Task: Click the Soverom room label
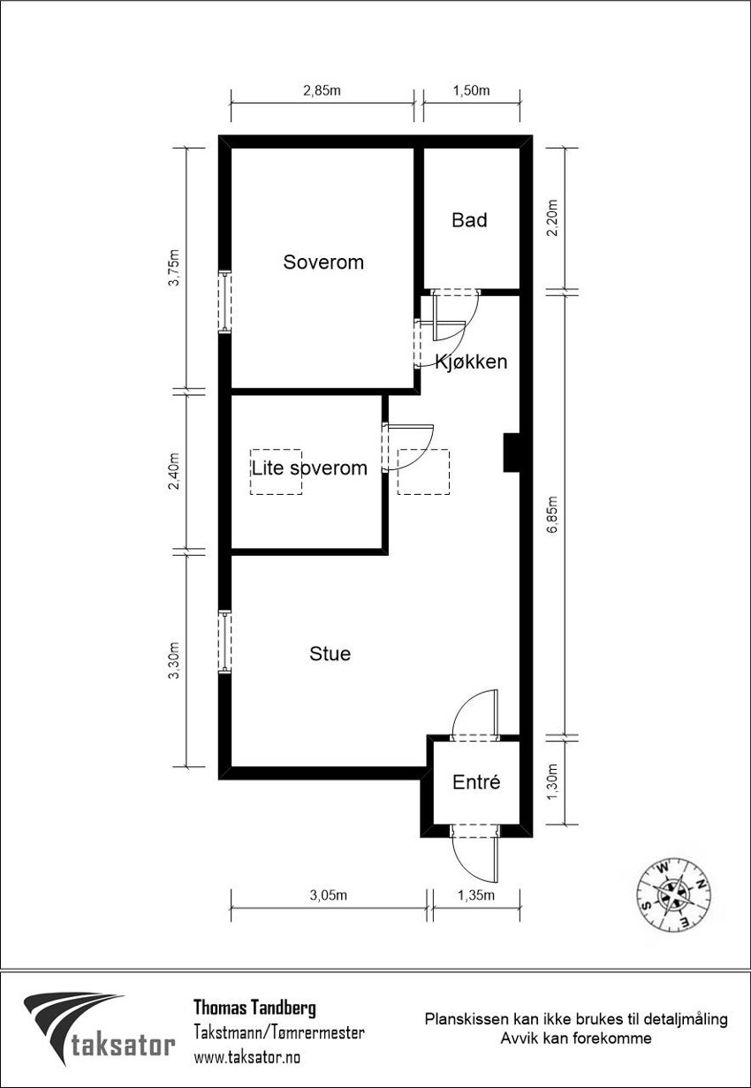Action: [x=323, y=262]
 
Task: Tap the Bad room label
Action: [x=469, y=220]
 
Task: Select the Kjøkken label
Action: [x=472, y=361]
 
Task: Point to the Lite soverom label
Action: [x=309, y=468]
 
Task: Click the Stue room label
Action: [x=330, y=654]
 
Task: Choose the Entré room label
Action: [x=476, y=782]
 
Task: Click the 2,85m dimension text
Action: [x=322, y=90]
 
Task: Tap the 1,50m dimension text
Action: [x=472, y=90]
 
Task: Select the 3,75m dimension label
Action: [x=173, y=268]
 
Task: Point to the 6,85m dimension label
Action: [x=552, y=515]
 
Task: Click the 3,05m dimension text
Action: [x=329, y=895]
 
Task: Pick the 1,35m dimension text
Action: [x=476, y=895]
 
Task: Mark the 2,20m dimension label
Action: [x=552, y=218]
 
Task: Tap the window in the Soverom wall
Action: [x=224, y=302]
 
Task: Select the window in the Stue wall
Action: [x=224, y=643]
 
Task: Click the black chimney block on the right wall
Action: [x=512, y=453]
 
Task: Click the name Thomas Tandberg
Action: [x=254, y=1008]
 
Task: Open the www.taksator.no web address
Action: [x=247, y=1057]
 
